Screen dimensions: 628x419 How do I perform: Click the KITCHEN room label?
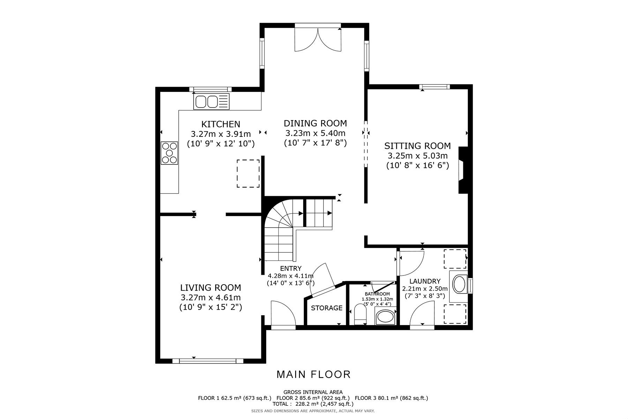click(220, 124)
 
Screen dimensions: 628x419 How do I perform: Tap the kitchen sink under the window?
click(212, 102)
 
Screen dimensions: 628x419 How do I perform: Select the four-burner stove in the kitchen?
click(169, 153)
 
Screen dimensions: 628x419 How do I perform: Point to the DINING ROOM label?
click(315, 123)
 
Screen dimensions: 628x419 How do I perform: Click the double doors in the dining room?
click(318, 38)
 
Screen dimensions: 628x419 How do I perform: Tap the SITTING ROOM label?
click(417, 146)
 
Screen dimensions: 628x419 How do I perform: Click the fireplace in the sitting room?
click(463, 170)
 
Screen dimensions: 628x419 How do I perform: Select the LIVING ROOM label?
click(210, 288)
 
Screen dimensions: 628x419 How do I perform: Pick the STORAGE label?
click(327, 308)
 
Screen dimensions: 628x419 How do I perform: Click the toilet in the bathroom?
click(360, 314)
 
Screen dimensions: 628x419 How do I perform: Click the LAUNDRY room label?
click(425, 281)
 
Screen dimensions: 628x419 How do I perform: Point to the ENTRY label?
click(291, 269)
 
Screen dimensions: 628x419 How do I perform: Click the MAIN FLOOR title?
click(313, 375)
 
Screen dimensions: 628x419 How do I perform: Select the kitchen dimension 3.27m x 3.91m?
click(220, 134)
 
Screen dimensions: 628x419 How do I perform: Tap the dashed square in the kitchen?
click(248, 174)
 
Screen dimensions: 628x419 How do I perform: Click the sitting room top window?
click(434, 87)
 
